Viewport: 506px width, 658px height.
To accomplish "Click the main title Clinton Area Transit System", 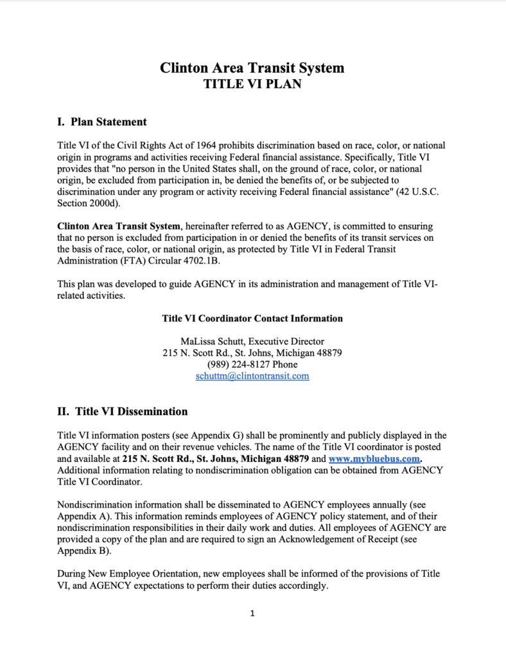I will pos(252,68).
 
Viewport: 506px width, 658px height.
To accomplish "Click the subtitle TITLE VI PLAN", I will pos(252,84).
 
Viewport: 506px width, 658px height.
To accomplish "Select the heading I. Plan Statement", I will pos(102,121).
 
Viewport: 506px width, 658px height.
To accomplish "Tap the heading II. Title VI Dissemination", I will pos(123,411).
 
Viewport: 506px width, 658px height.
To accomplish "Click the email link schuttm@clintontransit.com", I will pos(252,376).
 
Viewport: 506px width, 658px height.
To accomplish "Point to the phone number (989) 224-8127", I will pos(236,364).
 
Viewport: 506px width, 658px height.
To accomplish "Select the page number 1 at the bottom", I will pos(252,613).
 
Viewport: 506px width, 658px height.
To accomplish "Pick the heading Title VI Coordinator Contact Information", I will pos(252,318).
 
